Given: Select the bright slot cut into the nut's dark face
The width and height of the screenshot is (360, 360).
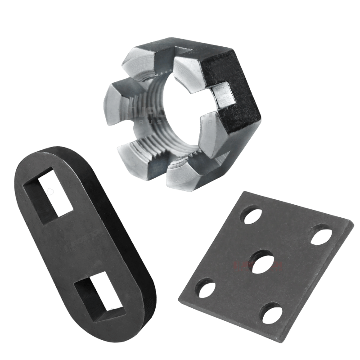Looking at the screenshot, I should point(223,94).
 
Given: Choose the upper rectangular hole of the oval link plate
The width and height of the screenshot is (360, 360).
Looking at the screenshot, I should point(50,196).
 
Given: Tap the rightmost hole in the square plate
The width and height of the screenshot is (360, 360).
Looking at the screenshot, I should point(321,234).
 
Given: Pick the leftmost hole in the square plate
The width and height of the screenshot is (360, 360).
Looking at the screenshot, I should point(204,288).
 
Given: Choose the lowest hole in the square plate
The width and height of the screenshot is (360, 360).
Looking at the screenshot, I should point(272,312).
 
